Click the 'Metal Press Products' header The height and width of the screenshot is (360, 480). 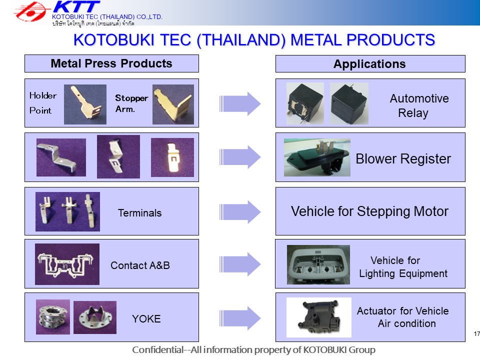pos(111,63)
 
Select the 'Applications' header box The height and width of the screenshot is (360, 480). pos(370,63)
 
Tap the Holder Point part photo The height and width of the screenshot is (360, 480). pos(85,104)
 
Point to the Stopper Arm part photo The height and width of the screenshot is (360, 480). pos(173,104)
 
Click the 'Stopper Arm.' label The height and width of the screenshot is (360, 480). pos(131,103)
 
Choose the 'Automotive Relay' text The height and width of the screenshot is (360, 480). pos(419,105)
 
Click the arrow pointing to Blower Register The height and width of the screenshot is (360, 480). pos(240,157)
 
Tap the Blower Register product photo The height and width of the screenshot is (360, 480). pos(317,157)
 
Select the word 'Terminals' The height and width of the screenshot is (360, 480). pos(140,213)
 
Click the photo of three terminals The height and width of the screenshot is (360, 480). pos(67,211)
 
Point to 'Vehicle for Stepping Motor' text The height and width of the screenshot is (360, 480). pos(369,211)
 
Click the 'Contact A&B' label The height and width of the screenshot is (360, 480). pos(140,265)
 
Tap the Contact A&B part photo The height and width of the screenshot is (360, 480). pos(67,264)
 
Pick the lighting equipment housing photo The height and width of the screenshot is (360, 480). pos(318,264)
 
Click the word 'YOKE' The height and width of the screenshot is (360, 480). pos(146,319)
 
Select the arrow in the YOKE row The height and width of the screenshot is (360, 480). pos(240,318)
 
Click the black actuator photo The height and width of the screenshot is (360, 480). pos(319,317)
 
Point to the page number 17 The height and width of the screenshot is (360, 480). pos(476,333)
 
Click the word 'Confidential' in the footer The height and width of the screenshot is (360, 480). pos(157,349)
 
